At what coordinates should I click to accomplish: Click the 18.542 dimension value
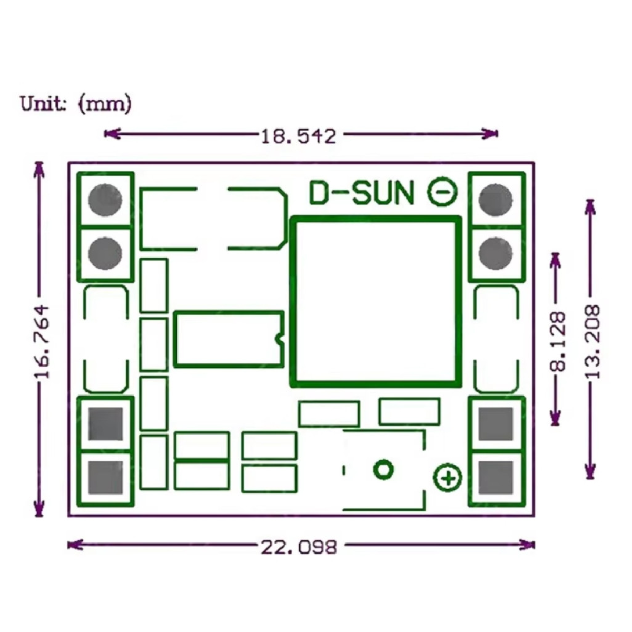(298, 136)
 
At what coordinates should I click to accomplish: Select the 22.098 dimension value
(298, 547)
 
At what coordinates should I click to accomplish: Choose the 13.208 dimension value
(592, 341)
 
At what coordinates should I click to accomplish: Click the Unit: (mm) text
(75, 103)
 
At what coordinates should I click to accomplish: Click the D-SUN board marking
(362, 193)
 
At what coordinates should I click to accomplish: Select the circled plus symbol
(448, 478)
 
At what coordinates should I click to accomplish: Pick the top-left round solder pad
(105, 200)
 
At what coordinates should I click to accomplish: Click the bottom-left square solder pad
(105, 478)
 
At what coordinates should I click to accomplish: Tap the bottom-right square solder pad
(496, 478)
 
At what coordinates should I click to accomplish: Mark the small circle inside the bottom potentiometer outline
(383, 469)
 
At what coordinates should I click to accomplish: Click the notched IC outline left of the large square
(229, 339)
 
